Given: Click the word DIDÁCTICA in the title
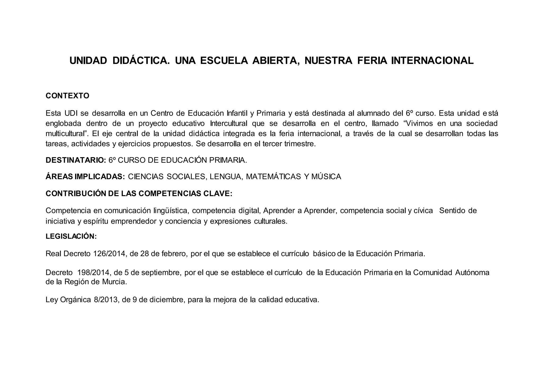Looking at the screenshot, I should point(141,61).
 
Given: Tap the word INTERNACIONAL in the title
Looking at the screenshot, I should point(432,61).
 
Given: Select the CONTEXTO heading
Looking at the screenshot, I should point(67,96).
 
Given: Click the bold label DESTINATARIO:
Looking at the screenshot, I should point(76,160).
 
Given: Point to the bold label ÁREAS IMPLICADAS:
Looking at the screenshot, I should point(85,177).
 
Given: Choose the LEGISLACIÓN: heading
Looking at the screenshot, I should point(71,236).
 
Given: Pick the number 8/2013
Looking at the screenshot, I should point(106,300).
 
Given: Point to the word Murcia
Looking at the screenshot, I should point(114,282).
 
